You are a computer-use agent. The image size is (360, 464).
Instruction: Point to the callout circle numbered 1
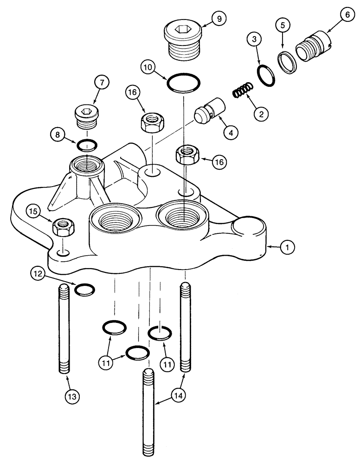[x=287, y=248]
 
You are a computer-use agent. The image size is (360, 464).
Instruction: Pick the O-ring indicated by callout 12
[x=85, y=290]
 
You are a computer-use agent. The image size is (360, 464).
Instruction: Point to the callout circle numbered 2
[x=261, y=112]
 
